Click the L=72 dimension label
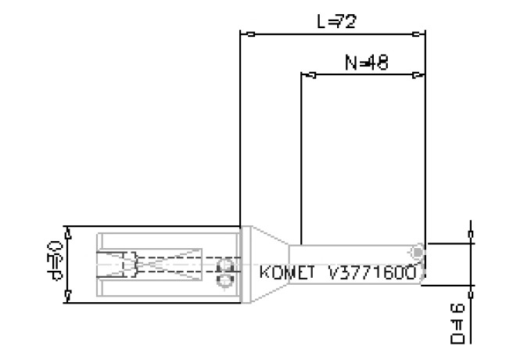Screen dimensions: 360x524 (x=336, y=21)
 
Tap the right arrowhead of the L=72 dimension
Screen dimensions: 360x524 (x=418, y=34)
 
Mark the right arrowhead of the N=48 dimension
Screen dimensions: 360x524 (x=418, y=76)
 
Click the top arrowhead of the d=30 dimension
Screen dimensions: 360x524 (x=69, y=232)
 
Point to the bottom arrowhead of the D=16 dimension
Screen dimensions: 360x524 (x=470, y=279)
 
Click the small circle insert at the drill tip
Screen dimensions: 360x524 (x=418, y=251)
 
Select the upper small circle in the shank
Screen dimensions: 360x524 (x=228, y=265)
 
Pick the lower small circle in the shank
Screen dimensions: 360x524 (x=226, y=279)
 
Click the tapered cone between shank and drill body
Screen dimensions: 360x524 (x=266, y=264)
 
